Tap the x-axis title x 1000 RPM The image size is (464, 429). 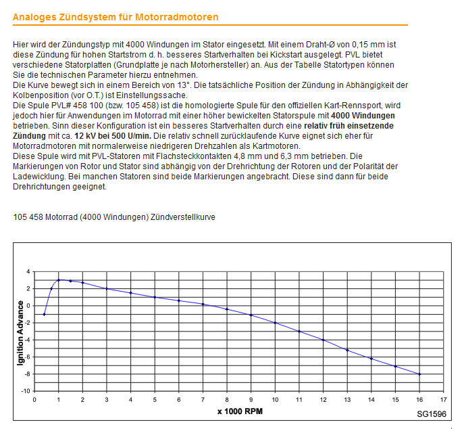[x=240, y=411]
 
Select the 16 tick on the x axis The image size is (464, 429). [x=419, y=399]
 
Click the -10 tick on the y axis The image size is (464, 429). [x=26, y=391]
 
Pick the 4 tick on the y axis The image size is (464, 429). [x=28, y=271]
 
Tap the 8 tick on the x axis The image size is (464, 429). [x=227, y=399]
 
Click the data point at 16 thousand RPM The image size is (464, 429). [x=419, y=374]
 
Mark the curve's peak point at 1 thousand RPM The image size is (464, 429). [x=59, y=279]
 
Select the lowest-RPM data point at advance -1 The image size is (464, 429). [x=44, y=314]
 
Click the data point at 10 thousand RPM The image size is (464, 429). [x=275, y=323]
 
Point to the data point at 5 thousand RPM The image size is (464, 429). [x=155, y=297]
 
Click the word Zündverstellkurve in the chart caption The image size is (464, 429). [x=182, y=217]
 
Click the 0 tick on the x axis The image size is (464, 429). [x=34, y=399]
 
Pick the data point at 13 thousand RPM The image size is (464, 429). [x=347, y=350]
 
